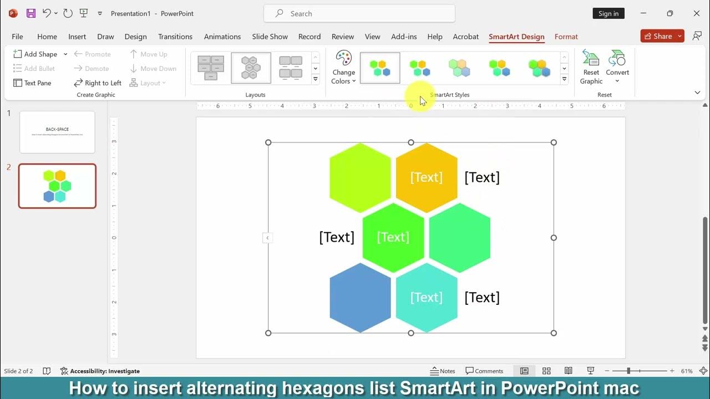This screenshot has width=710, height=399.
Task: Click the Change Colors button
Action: pyautogui.click(x=343, y=68)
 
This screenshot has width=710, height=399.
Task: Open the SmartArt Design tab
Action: pyautogui.click(x=516, y=37)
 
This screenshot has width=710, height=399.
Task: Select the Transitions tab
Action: pyautogui.click(x=175, y=37)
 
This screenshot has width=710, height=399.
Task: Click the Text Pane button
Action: pyautogui.click(x=32, y=83)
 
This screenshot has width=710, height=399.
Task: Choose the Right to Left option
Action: pyautogui.click(x=98, y=83)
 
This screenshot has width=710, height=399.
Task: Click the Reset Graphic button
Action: pyautogui.click(x=591, y=68)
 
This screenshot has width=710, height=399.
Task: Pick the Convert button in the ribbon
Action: pyautogui.click(x=617, y=68)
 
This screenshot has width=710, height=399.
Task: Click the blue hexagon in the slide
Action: pyautogui.click(x=360, y=298)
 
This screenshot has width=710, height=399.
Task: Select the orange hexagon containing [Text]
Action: pyautogui.click(x=427, y=177)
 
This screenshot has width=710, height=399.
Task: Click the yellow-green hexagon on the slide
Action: pyautogui.click(x=360, y=177)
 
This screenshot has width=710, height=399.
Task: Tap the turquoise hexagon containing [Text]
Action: pyautogui.click(x=427, y=298)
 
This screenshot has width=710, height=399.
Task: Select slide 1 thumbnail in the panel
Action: pyautogui.click(x=57, y=132)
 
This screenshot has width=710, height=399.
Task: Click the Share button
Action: pyautogui.click(x=658, y=36)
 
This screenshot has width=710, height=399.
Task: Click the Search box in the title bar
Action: pyautogui.click(x=359, y=13)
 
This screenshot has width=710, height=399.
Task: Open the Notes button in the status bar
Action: pyautogui.click(x=443, y=371)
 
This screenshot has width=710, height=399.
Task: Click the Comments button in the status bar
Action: pyautogui.click(x=484, y=371)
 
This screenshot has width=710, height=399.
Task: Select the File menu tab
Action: pyautogui.click(x=17, y=37)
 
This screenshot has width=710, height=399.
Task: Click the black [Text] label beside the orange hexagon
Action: pyautogui.click(x=481, y=177)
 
